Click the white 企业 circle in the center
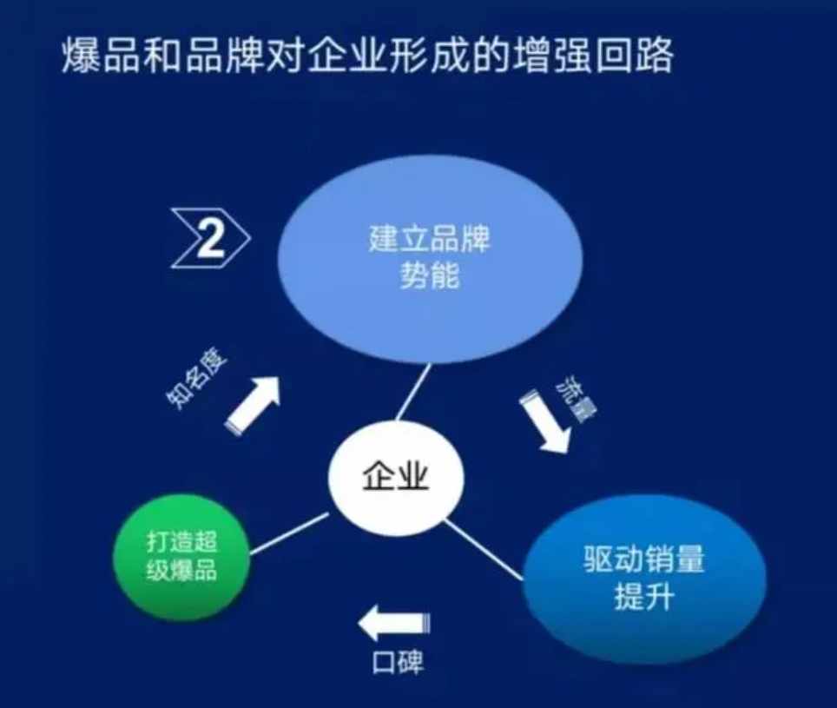[396, 477]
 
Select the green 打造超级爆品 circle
[181, 557]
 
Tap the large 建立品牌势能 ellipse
[430, 258]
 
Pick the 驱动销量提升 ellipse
[643, 579]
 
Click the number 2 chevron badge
[211, 238]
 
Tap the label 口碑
[398, 662]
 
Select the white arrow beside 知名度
[253, 404]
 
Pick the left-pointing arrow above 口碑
[394, 623]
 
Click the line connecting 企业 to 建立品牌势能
[413, 393]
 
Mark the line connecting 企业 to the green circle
[289, 533]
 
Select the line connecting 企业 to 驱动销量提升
[483, 550]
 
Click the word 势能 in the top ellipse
[430, 276]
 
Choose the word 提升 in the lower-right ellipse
[643, 597]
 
